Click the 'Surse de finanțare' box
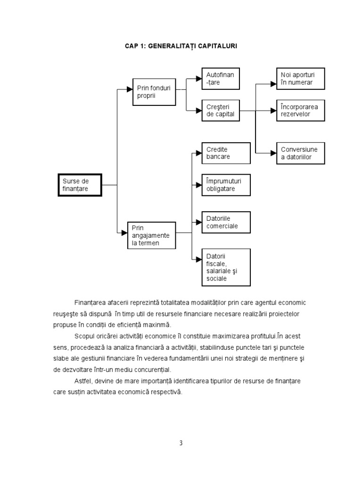click(x=80, y=185)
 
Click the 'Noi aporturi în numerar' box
click(x=300, y=79)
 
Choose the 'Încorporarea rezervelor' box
click(x=300, y=110)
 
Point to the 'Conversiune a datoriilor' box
click(x=300, y=153)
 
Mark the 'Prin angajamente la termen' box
click(x=151, y=235)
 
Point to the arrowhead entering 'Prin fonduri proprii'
click(x=130, y=88)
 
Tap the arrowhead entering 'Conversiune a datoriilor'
click(x=273, y=153)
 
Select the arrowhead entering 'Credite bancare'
click(x=198, y=153)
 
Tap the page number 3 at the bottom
click(x=181, y=443)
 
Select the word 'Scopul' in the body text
click(x=85, y=336)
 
